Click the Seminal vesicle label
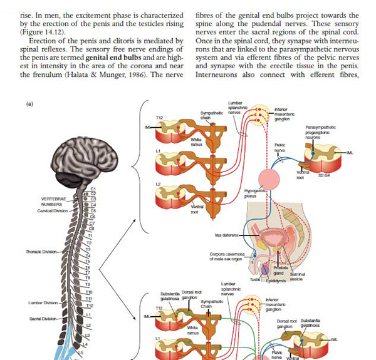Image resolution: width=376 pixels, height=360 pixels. (x=296, y=277)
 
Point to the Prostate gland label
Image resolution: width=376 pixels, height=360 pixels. (x=279, y=270)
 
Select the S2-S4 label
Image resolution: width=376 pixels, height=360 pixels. (x=325, y=175)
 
